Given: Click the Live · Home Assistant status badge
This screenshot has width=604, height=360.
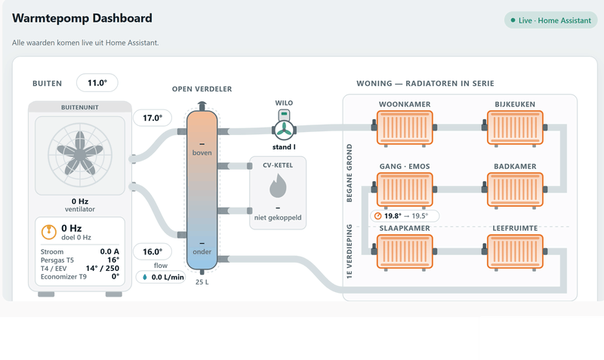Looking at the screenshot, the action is click(551, 20).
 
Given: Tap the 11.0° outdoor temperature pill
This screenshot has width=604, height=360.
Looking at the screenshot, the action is click(97, 83).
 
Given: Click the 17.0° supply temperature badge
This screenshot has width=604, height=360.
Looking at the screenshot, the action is click(153, 118).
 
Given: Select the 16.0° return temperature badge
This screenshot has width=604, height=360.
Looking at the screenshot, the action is click(153, 252).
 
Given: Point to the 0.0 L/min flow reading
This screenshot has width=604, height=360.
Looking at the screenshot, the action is click(161, 277).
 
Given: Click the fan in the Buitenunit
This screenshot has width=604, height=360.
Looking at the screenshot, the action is click(80, 155).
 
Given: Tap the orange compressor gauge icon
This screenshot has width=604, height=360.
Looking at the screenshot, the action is click(49, 232).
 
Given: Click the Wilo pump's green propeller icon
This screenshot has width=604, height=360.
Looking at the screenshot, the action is click(285, 130).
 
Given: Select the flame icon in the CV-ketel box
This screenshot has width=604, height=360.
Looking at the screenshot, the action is click(278, 186).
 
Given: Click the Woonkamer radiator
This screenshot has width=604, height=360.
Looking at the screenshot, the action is click(405, 128).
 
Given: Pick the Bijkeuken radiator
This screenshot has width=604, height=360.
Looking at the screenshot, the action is click(515, 128).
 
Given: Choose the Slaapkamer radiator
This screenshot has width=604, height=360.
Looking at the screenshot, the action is click(405, 252).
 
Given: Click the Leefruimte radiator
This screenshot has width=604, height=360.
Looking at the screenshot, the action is click(515, 252).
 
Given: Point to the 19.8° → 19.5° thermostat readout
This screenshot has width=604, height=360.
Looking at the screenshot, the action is click(405, 216).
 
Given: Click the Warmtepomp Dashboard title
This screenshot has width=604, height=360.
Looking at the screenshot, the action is click(82, 18).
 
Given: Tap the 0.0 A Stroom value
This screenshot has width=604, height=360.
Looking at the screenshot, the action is click(109, 251).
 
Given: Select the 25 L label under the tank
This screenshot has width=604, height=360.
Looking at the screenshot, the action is click(202, 282).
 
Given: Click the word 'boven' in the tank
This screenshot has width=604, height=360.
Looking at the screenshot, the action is click(202, 153).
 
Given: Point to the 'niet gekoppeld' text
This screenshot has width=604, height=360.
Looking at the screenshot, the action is click(278, 217).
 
